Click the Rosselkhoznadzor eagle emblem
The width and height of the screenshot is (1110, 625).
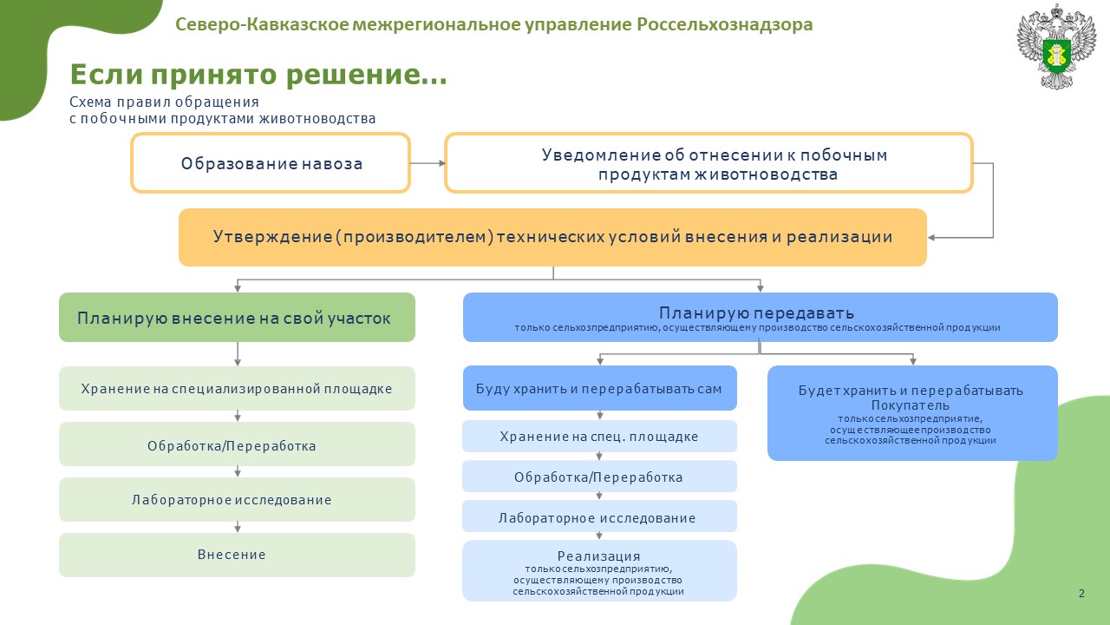point(1056,47)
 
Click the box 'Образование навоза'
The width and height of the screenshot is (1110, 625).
point(271,162)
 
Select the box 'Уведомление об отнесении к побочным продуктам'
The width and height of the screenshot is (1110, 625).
point(708,162)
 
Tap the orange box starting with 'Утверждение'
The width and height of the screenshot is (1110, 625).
point(552,237)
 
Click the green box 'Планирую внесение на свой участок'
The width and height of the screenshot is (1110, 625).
point(237,318)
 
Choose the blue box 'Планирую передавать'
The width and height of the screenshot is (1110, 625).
point(761,318)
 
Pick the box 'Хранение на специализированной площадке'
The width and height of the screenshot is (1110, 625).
point(237,388)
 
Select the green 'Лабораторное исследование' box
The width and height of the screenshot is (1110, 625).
point(237,499)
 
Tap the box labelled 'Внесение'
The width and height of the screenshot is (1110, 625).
point(237,555)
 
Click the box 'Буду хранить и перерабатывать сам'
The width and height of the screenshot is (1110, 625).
point(599,388)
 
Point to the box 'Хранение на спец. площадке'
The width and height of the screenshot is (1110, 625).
point(599,436)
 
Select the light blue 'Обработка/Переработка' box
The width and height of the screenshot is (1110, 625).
point(599,477)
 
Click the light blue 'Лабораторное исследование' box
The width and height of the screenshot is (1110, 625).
point(599,516)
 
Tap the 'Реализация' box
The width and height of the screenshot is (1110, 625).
point(599,571)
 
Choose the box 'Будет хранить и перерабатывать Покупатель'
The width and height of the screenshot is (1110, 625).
point(912,413)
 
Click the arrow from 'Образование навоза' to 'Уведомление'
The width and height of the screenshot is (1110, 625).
point(428,163)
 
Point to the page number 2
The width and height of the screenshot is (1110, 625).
point(1081,593)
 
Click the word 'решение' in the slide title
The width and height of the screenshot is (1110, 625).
point(353,76)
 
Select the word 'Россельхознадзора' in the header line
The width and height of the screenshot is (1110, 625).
point(724,24)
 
